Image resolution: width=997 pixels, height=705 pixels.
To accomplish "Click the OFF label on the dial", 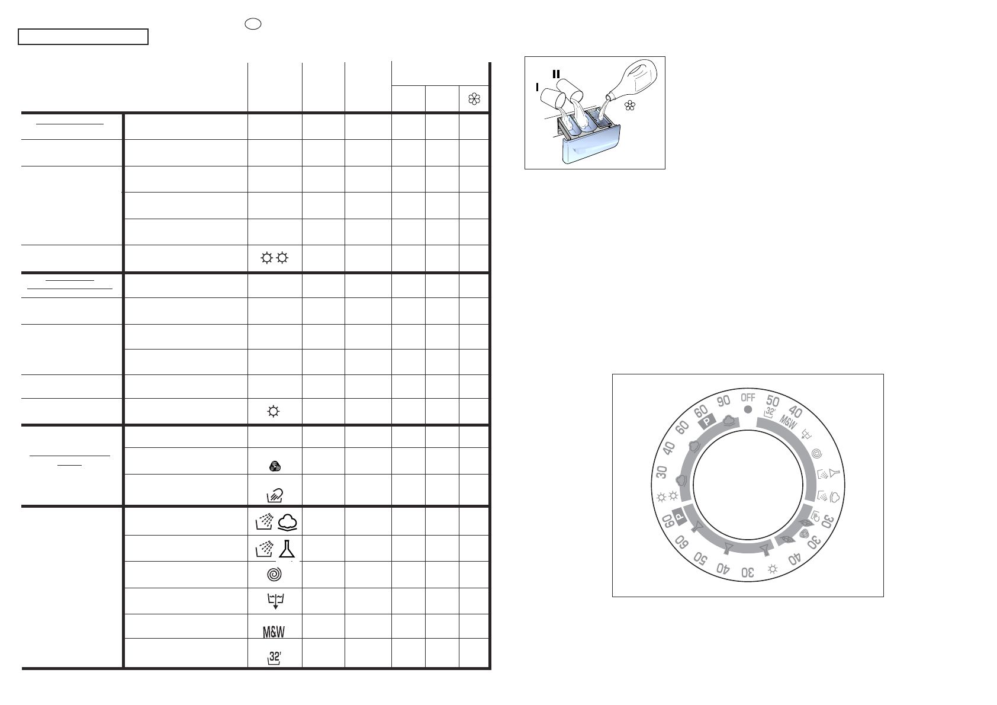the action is (748, 398).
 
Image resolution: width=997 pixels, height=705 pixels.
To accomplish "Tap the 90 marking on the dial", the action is (723, 401).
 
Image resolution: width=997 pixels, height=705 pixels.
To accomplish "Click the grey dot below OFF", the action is (748, 409).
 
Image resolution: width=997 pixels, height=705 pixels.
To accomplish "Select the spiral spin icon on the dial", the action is (817, 453).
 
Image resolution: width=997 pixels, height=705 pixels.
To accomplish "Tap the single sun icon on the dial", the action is (773, 569).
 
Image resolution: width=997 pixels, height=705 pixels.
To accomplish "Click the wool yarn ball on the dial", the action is (804, 534).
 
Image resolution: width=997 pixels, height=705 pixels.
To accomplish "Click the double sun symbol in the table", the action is (274, 258).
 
